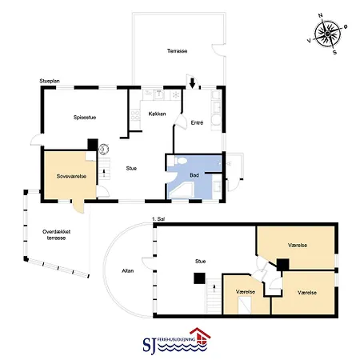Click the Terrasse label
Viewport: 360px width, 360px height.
[177, 51]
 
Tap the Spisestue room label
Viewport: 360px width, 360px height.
[85, 118]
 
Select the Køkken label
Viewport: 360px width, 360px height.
[157, 114]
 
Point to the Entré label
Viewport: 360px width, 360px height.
[197, 122]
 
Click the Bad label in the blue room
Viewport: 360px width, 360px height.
[194, 175]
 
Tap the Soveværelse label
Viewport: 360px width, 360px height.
[71, 176]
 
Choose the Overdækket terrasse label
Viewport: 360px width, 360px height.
[56, 234]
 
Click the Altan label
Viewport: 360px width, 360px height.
[127, 271]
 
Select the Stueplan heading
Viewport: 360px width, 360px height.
[50, 81]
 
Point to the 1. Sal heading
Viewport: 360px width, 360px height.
[158, 219]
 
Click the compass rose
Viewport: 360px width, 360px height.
[327, 34]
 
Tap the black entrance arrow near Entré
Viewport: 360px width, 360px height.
[192, 83]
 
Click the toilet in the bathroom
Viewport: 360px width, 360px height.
[180, 161]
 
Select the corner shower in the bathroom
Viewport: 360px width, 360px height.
[182, 190]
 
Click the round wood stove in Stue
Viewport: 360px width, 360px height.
[104, 150]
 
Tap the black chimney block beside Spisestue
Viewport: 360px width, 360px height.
[93, 145]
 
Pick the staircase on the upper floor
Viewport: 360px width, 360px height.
[214, 296]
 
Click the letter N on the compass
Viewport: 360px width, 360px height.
[321, 15]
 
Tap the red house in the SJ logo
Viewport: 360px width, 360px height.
[200, 337]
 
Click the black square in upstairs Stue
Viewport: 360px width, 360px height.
[199, 278]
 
